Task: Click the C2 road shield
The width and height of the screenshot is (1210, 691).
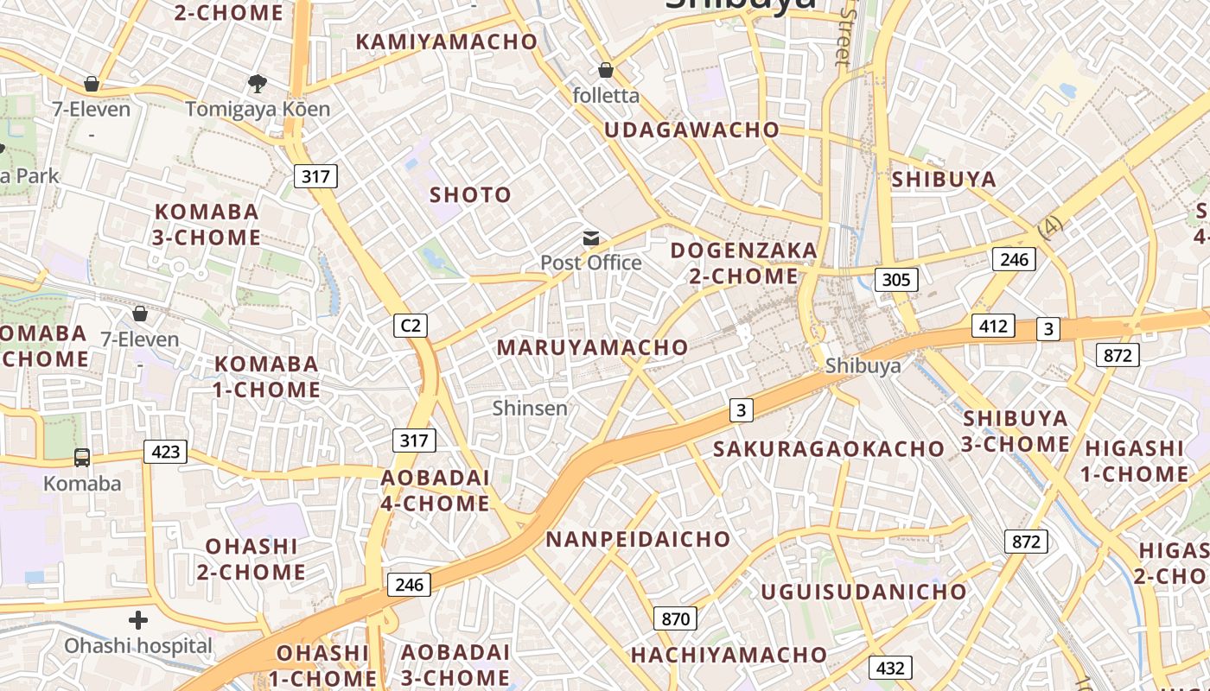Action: (411, 325)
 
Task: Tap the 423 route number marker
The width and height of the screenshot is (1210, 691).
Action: (165, 452)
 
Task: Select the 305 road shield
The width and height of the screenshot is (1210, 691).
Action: (895, 279)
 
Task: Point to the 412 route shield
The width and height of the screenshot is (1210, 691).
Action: (993, 326)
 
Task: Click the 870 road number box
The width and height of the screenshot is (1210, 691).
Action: (675, 618)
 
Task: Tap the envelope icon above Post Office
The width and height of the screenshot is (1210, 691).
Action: (591, 238)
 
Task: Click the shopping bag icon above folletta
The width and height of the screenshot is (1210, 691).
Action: (606, 70)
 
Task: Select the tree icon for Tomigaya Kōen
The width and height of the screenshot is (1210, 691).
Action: (257, 84)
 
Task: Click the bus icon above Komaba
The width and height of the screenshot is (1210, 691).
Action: (82, 458)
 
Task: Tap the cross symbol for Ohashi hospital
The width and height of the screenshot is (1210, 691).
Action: (137, 620)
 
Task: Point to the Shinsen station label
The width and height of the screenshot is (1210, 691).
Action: (530, 408)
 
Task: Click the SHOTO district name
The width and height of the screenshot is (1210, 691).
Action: (471, 195)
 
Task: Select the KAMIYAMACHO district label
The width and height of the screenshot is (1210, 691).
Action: (447, 41)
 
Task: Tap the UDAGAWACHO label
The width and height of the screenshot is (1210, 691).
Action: (691, 130)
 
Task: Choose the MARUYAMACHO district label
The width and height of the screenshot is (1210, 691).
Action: (592, 347)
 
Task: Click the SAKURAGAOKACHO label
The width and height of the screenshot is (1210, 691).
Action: (828, 448)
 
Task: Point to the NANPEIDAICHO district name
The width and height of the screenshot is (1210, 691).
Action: (638, 540)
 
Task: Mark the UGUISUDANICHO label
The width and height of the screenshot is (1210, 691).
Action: (863, 592)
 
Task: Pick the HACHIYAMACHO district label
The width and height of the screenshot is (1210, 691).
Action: (729, 655)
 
